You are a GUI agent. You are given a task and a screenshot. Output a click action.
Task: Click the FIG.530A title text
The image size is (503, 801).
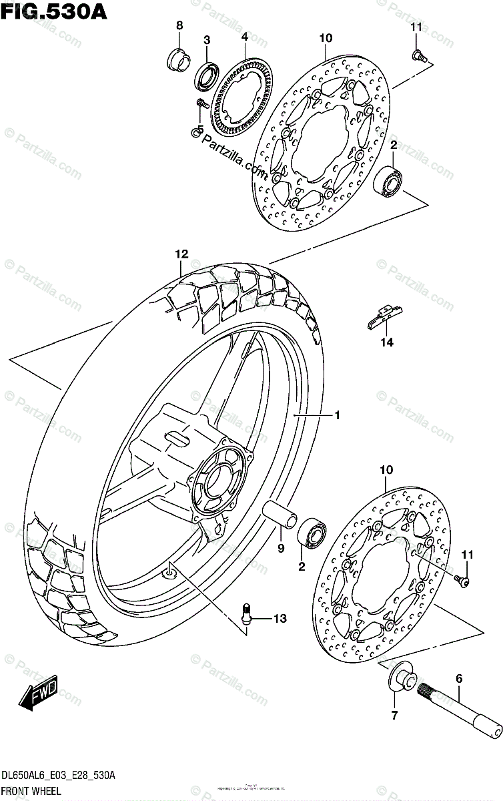point(46,11)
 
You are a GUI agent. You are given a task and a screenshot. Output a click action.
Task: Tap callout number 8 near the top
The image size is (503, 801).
point(179,25)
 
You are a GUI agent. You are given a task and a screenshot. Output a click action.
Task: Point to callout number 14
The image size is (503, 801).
point(387,342)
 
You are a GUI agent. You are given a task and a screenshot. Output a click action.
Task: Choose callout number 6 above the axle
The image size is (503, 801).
point(458,679)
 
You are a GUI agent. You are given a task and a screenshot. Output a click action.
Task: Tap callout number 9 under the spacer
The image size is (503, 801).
point(281,548)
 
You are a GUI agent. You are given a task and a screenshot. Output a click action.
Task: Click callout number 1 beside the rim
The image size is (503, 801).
point(338,415)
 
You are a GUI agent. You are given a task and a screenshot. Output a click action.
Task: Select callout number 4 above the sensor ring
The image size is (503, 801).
point(245,36)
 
